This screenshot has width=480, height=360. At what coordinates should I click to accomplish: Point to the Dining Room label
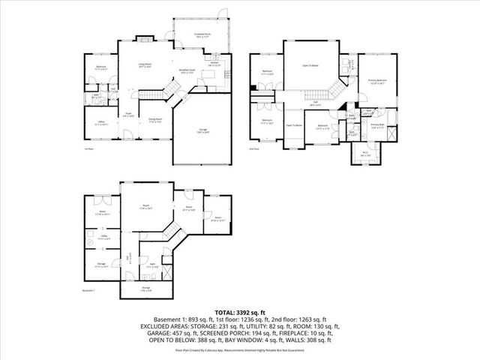pos(155,120)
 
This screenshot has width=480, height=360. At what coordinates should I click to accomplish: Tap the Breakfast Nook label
pos(187,70)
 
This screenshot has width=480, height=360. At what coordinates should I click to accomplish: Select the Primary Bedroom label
pos(377,80)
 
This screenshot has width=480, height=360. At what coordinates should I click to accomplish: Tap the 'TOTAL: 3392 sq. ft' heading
pos(239,311)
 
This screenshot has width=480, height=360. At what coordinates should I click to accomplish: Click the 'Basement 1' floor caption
pos(89,291)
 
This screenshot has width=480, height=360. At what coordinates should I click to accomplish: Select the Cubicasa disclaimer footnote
pos(239,349)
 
